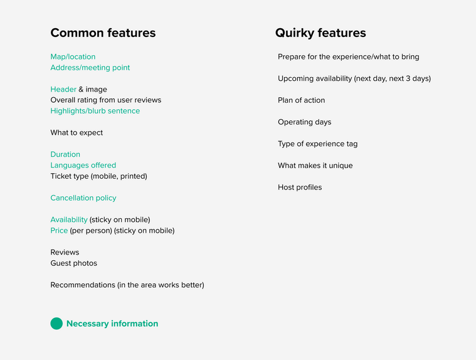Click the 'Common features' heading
point(103,33)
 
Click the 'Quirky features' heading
point(320,33)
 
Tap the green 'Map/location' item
point(73,57)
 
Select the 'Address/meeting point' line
point(90,68)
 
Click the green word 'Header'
point(63,89)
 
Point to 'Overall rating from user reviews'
point(105,100)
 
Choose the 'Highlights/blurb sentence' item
point(95,111)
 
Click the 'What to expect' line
point(77,133)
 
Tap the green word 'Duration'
point(65,154)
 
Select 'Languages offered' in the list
point(83,166)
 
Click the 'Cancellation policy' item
point(83,198)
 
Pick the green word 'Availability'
point(69,220)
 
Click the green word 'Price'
point(59,231)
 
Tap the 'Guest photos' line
point(74,263)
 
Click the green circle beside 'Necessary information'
point(56,324)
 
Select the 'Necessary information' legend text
point(112,324)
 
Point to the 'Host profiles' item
point(300,188)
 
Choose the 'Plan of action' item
point(302,100)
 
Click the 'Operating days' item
point(305,122)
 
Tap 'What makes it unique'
point(315,166)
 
